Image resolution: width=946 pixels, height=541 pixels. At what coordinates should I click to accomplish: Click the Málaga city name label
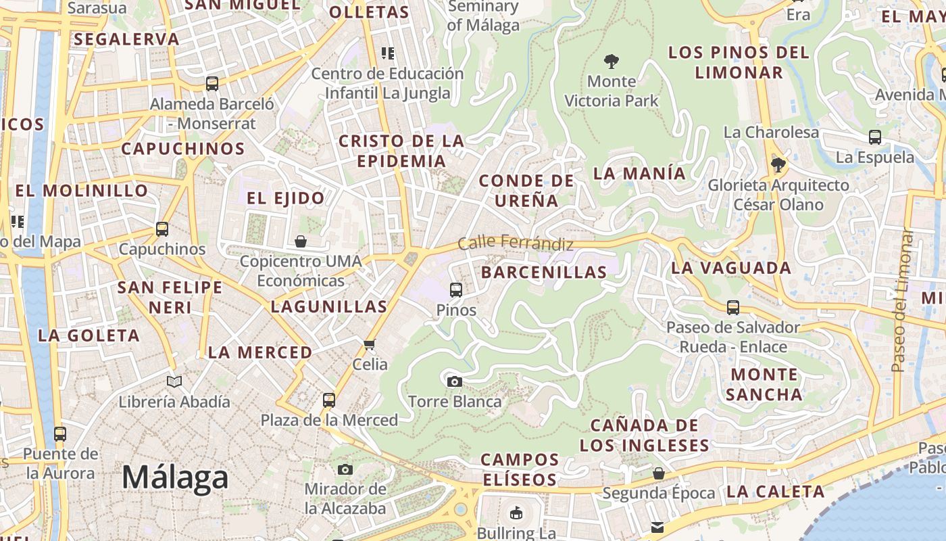tap(175, 478)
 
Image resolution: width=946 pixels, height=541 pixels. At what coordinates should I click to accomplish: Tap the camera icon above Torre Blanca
tap(455, 381)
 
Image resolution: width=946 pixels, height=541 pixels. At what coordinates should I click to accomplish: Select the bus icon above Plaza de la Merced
tap(329, 400)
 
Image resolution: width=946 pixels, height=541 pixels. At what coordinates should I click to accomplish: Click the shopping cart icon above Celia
tap(370, 345)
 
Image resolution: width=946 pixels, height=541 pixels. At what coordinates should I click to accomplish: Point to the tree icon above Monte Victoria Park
tap(612, 62)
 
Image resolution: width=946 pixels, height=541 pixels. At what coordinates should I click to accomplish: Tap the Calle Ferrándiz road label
tap(516, 243)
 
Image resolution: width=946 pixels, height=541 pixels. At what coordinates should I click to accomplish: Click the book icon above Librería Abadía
tap(174, 382)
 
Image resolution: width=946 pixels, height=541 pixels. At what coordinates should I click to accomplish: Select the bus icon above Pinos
tap(456, 290)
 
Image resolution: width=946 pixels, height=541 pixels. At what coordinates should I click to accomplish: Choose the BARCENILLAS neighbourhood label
tap(544, 273)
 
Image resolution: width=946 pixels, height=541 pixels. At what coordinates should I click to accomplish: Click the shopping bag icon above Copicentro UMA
tap(301, 241)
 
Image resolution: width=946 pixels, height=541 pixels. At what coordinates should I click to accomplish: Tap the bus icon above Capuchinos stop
tap(162, 229)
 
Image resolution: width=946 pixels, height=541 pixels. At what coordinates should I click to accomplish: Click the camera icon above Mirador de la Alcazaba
tap(345, 469)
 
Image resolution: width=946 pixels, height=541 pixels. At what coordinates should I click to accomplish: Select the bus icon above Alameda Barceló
tap(212, 84)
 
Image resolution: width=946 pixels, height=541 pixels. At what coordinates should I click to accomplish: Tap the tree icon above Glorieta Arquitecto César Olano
tap(778, 164)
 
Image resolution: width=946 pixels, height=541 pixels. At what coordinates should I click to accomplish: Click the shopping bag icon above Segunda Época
tap(658, 473)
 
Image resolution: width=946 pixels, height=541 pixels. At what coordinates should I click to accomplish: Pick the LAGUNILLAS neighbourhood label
tap(329, 306)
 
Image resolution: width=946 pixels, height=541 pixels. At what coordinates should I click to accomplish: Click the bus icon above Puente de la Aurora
tap(60, 434)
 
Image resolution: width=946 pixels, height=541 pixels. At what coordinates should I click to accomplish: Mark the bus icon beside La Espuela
tap(875, 137)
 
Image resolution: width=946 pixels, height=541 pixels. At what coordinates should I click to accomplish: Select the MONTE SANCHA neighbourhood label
tap(764, 384)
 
